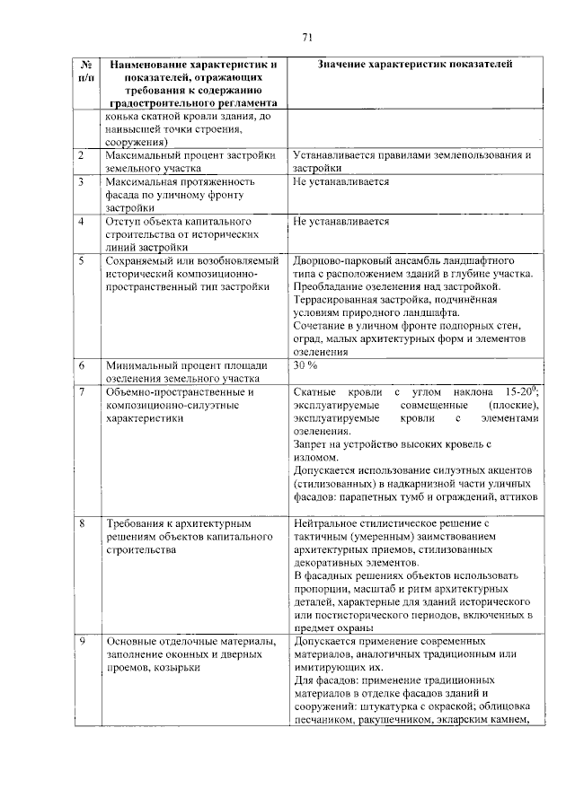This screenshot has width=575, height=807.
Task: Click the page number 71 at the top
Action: click(x=306, y=37)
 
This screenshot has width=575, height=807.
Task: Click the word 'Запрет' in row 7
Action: click(x=311, y=443)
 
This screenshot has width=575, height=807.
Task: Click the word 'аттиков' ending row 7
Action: click(x=519, y=496)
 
